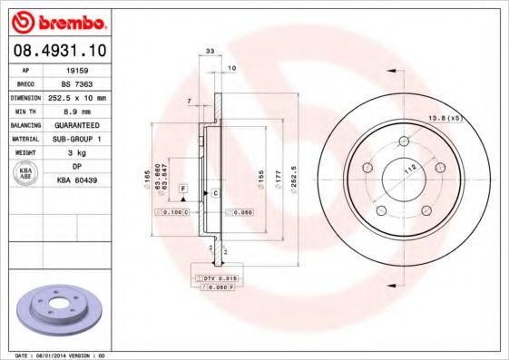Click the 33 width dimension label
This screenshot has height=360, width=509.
click(210, 54)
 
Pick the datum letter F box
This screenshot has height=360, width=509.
click(182, 187)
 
